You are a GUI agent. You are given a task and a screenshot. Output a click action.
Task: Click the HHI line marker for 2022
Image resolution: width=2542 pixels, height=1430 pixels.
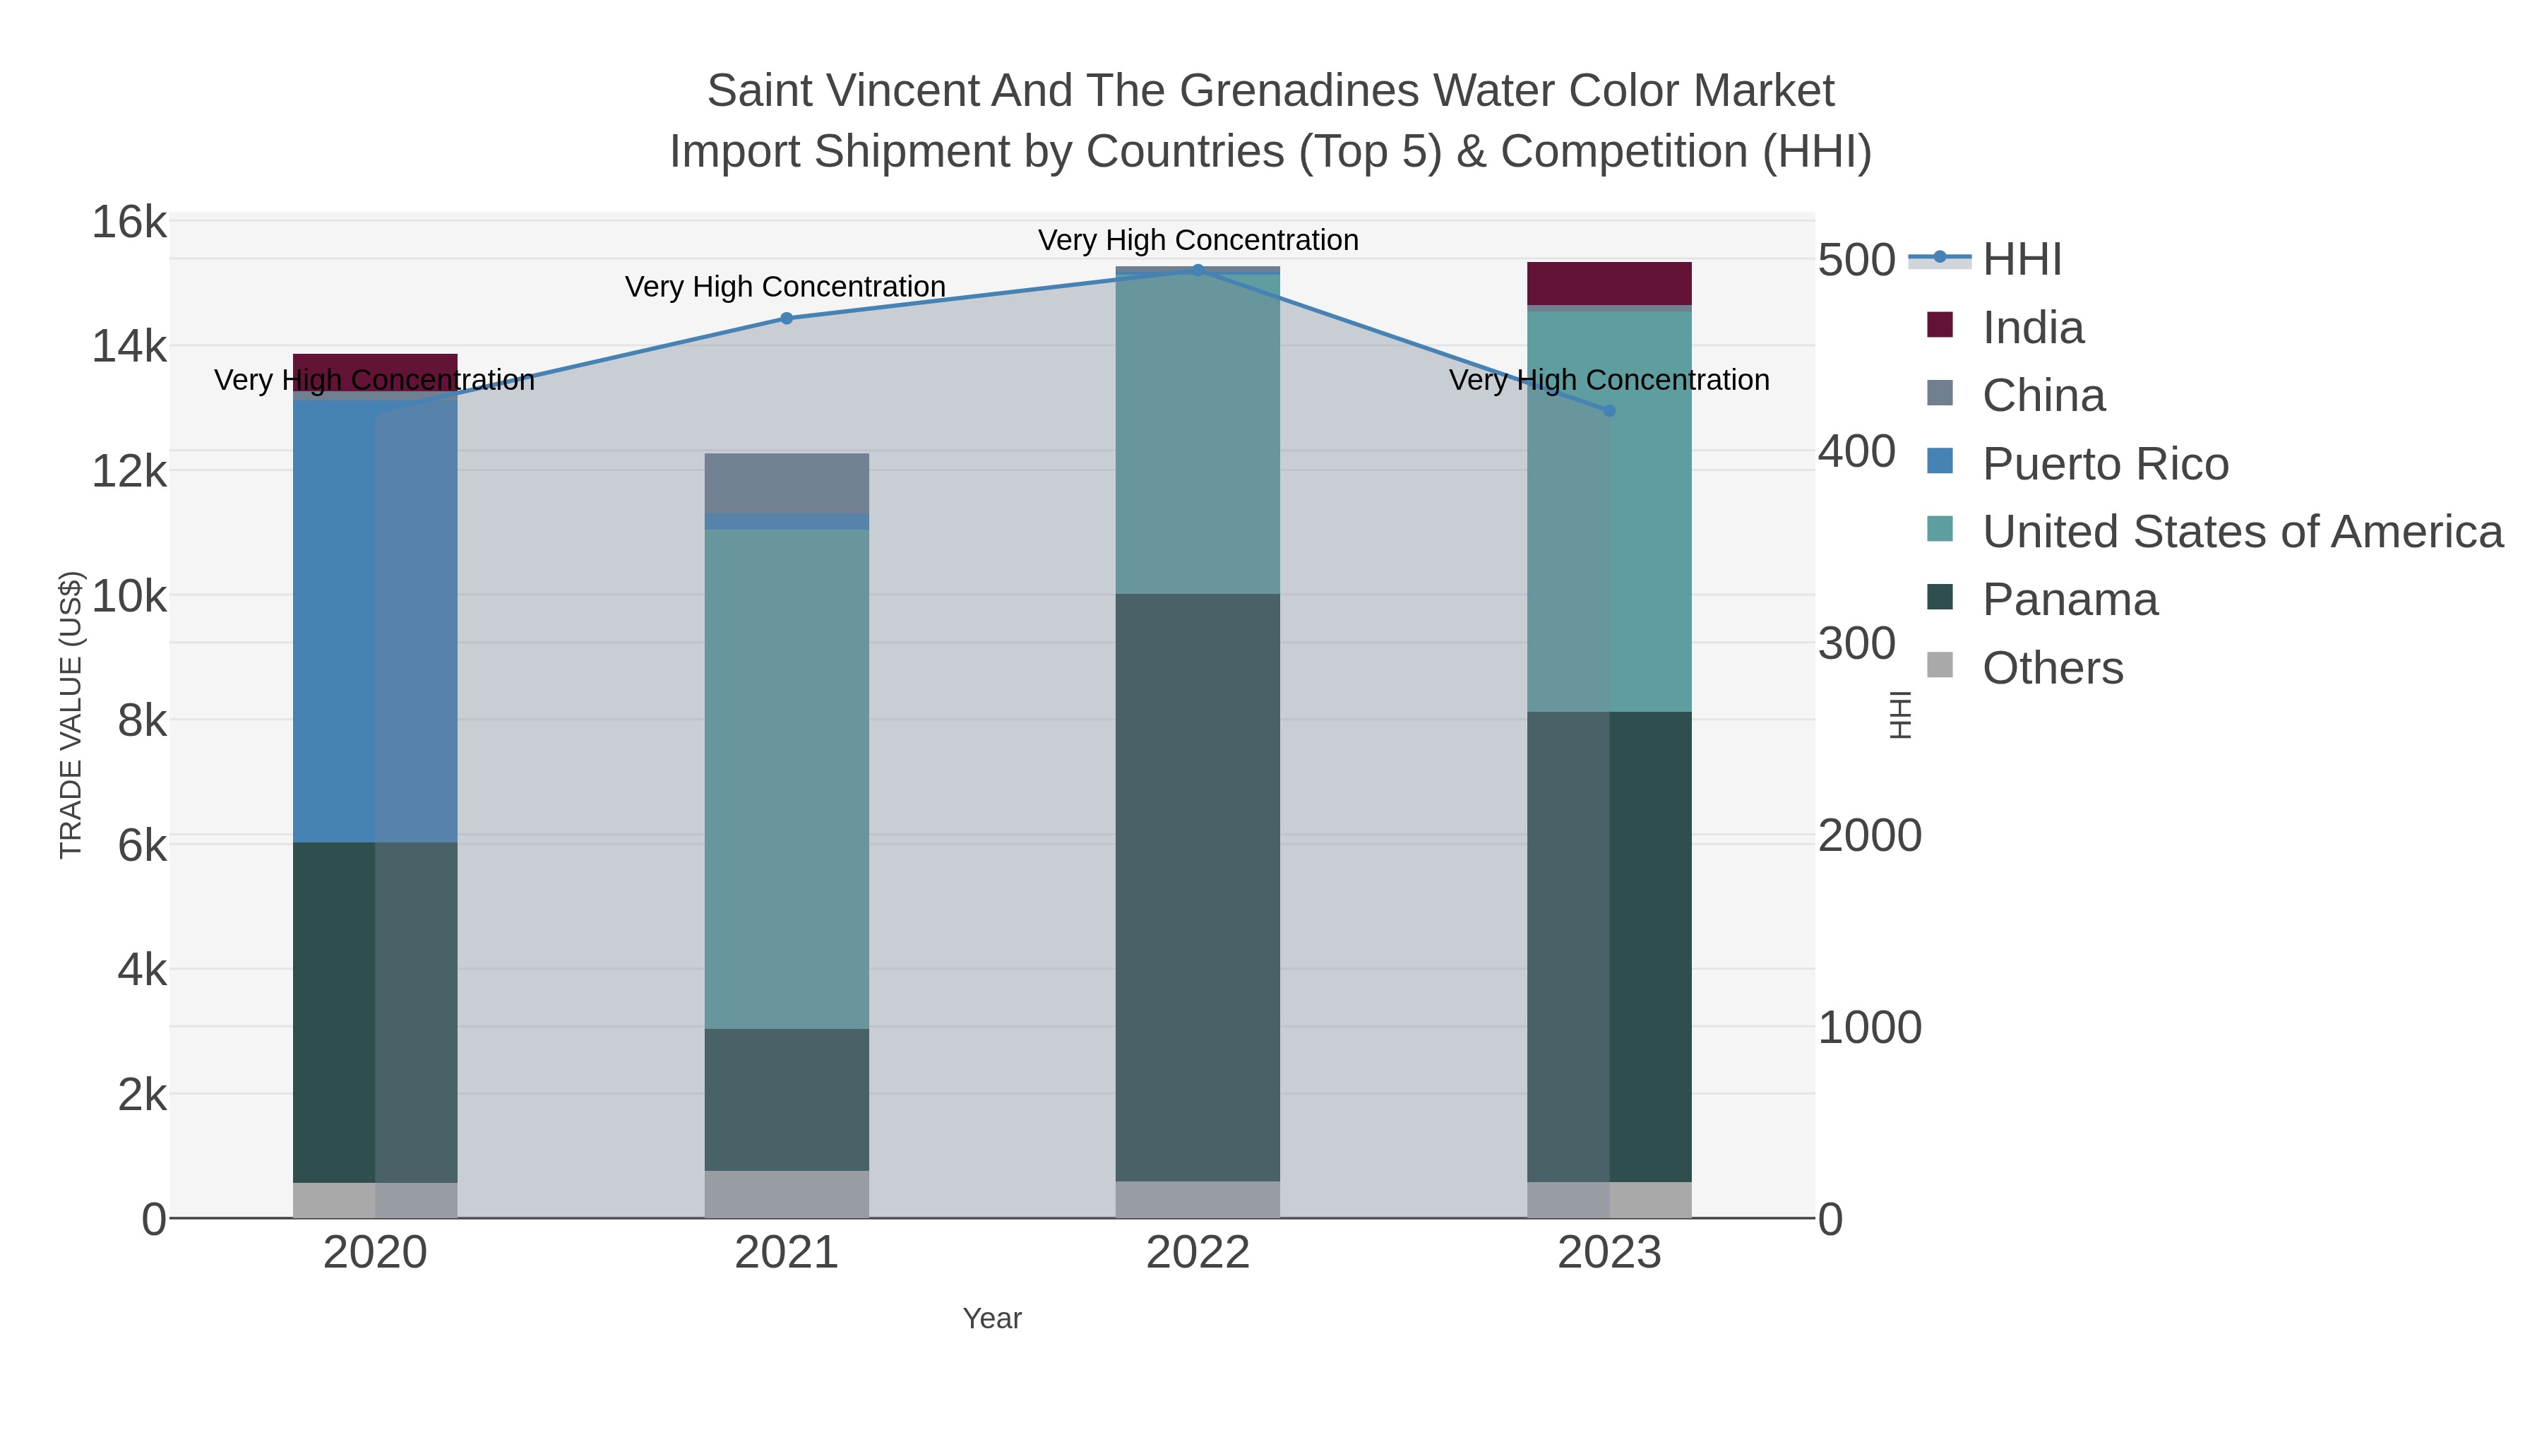(x=1198, y=270)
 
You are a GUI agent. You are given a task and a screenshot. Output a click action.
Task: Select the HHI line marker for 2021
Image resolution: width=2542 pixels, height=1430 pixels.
(x=787, y=318)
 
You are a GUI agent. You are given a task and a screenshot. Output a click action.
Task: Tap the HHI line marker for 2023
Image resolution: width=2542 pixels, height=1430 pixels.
(x=1609, y=410)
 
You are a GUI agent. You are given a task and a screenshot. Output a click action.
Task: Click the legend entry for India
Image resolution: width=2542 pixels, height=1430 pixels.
(x=2033, y=328)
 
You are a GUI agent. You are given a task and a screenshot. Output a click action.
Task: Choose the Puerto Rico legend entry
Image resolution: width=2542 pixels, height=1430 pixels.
(x=2105, y=464)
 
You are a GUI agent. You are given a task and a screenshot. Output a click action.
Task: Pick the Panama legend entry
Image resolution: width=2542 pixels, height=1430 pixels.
(x=2070, y=600)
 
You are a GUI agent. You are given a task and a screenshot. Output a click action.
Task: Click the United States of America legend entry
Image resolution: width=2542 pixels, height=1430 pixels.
(x=2242, y=532)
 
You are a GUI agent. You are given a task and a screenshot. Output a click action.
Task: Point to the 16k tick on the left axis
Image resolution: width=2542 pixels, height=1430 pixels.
(x=129, y=222)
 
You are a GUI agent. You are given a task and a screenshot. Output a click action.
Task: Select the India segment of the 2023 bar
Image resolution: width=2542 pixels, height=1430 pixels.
(x=1609, y=283)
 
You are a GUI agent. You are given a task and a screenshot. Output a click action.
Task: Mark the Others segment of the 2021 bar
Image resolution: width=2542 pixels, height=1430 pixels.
(x=787, y=1194)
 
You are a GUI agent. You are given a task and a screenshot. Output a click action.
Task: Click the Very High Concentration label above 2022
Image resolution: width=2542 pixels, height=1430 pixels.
(x=1198, y=240)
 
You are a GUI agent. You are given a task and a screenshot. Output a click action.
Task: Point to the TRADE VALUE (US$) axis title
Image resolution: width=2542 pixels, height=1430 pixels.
(x=71, y=715)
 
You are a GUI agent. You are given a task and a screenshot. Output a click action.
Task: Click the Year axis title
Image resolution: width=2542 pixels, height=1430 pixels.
(x=992, y=1318)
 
